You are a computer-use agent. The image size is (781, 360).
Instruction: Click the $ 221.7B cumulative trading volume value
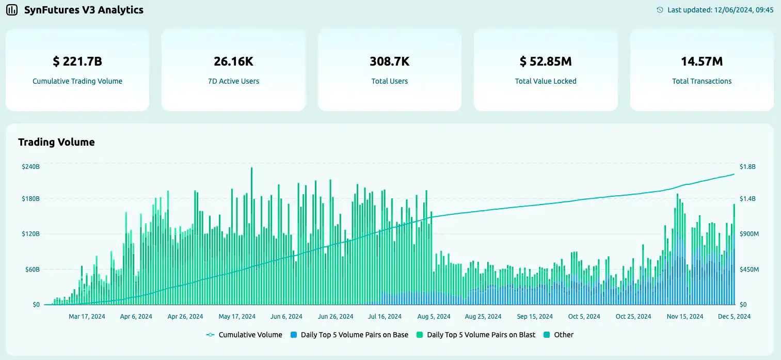(x=77, y=61)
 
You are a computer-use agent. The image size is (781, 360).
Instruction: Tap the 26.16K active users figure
(x=233, y=61)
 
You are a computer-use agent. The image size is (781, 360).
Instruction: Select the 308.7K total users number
(x=389, y=61)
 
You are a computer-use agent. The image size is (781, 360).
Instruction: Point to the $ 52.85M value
(x=546, y=61)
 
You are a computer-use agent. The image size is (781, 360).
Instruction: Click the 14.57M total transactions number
(x=702, y=61)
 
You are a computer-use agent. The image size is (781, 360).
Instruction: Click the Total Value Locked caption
(x=546, y=81)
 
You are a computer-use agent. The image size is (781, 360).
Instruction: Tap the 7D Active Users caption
(x=233, y=81)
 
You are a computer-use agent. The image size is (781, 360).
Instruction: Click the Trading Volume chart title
(x=56, y=142)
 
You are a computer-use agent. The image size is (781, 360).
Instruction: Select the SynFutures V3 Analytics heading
(x=84, y=10)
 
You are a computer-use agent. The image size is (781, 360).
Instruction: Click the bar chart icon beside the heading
(x=12, y=10)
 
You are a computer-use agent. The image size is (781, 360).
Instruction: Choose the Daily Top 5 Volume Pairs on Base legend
(x=356, y=335)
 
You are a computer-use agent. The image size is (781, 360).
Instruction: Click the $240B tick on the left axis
(x=30, y=167)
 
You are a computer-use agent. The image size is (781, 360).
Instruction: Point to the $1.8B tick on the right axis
(x=747, y=167)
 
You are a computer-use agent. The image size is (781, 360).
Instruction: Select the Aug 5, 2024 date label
(x=433, y=317)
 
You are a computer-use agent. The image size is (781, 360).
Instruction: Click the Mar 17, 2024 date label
(x=87, y=317)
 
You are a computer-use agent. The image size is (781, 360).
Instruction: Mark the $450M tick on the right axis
(x=750, y=270)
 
